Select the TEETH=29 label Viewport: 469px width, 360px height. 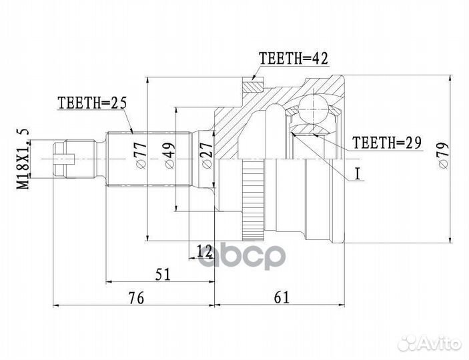coord(387,142)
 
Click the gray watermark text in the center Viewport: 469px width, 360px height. coord(241,256)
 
